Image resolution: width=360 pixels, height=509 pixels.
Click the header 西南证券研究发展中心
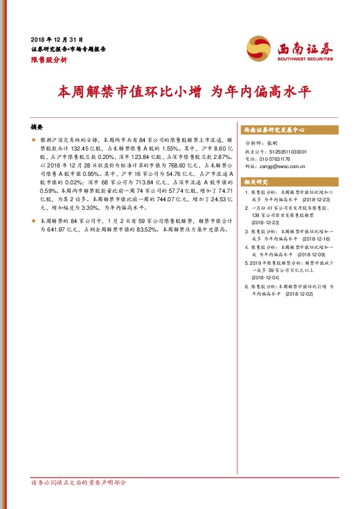[x=273, y=129]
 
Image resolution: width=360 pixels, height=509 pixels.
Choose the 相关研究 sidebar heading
[x=255, y=181]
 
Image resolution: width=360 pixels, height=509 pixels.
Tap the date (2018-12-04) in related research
[x=266, y=278]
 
